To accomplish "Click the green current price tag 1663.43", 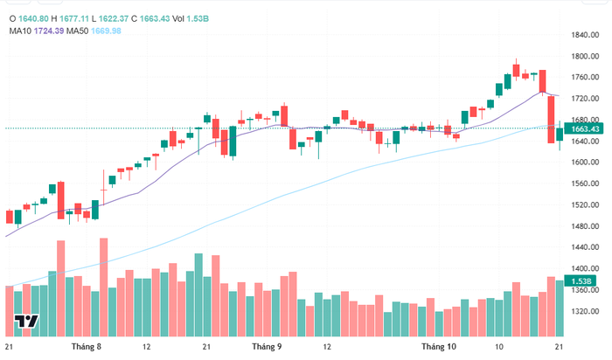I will pos(584,128).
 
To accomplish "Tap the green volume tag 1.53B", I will pos(581,280).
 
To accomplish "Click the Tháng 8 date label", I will pos(87,347).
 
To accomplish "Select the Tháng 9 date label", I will pos(267,347).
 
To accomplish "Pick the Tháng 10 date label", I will pos(439,347).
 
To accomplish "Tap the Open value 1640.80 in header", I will pos(31,17).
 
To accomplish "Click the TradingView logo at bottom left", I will pos(26,320).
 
